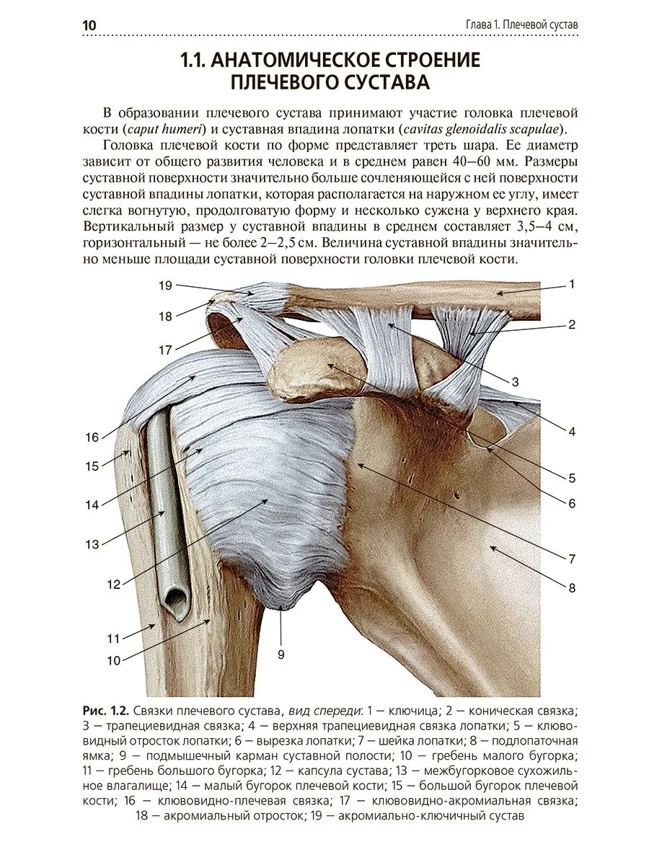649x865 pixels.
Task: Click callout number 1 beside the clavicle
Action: pos(571,285)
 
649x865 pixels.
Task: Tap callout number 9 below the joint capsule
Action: pos(281,655)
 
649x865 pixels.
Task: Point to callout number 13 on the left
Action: pos(92,544)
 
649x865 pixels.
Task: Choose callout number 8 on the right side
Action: pos(572,587)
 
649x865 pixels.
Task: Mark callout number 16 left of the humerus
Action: pos(92,437)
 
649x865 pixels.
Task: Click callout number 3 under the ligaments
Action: pos(516,382)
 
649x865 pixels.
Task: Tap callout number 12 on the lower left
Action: pos(114,585)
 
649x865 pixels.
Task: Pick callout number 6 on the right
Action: pos(572,503)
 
